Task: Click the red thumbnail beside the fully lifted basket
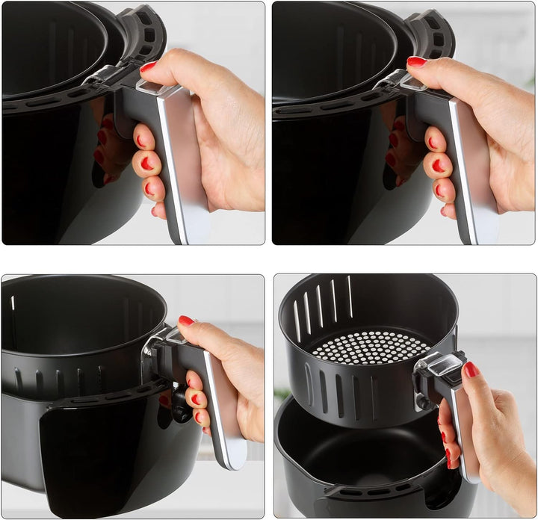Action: tap(471, 369)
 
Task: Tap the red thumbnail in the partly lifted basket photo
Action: tap(186, 321)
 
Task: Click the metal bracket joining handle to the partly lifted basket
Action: tap(153, 351)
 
